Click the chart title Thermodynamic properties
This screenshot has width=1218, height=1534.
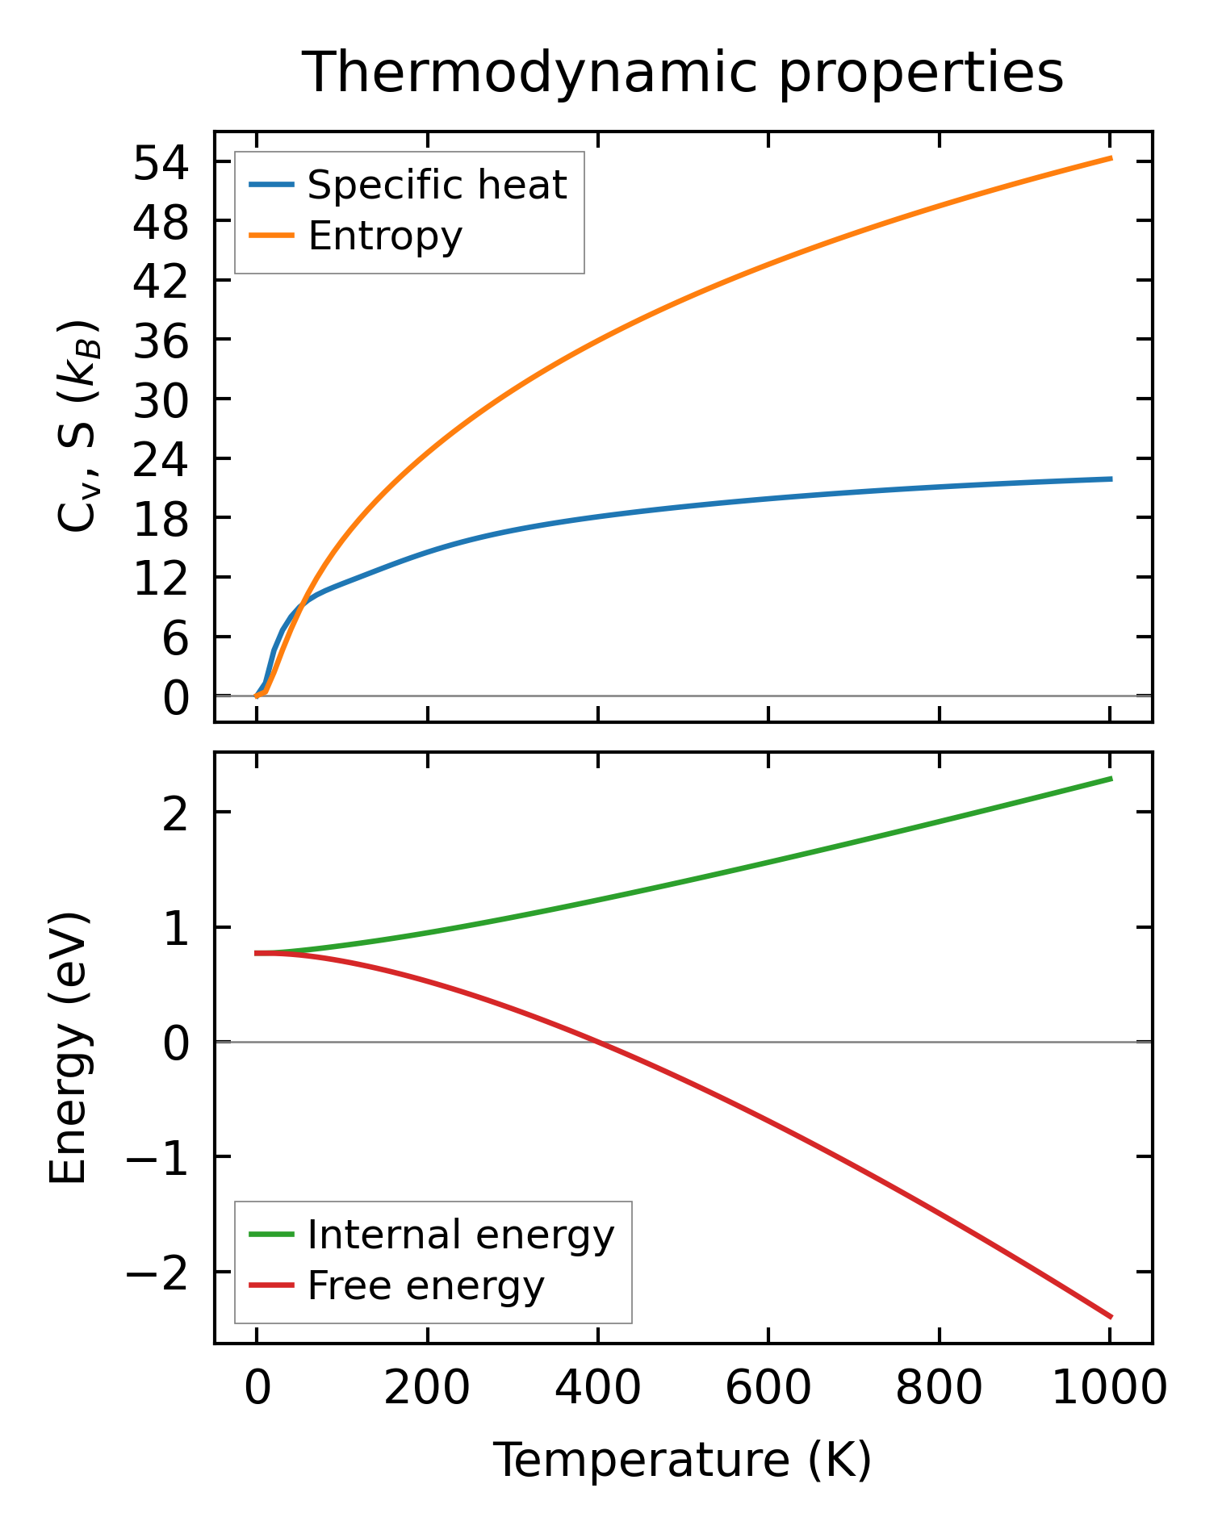682,73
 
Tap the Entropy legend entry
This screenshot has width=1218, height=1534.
385,236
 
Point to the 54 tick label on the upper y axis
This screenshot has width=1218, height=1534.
161,164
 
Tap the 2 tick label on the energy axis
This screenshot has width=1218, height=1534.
175,813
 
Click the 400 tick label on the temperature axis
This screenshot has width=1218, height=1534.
598,1390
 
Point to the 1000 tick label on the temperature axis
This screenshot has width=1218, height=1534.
1110,1390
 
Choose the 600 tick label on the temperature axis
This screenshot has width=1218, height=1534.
768,1390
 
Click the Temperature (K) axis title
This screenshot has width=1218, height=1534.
682,1461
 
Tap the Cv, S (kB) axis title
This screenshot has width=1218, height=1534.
78,427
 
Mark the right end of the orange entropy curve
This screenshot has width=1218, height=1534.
1111,158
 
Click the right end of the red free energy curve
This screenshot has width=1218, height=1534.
1111,1317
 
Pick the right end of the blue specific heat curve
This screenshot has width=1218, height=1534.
1111,479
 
